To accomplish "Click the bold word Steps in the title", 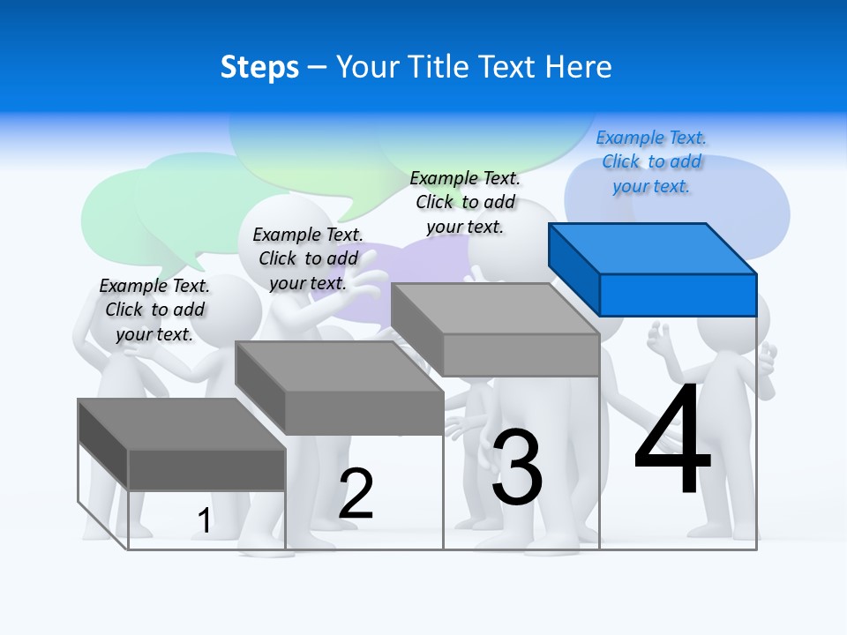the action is [x=259, y=67].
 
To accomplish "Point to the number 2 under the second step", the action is [x=356, y=493].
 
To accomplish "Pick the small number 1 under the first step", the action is [x=204, y=520].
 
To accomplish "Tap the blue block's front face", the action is [x=678, y=295].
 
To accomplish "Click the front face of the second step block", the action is [x=364, y=413].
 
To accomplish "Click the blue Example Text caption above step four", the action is [x=651, y=161].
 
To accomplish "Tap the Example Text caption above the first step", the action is [x=154, y=310].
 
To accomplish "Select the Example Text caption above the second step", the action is [x=308, y=258].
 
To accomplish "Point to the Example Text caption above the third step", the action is [x=465, y=202].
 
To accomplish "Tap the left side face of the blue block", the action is [x=573, y=268].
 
